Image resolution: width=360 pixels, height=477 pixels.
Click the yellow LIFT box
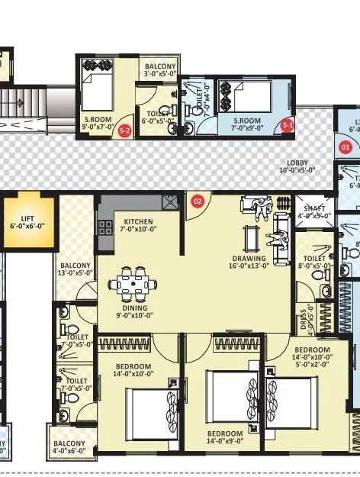click(31, 222)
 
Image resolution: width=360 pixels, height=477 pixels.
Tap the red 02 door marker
click(198, 201)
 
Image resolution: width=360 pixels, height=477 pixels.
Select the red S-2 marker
click(125, 131)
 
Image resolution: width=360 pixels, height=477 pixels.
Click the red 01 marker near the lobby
click(345, 146)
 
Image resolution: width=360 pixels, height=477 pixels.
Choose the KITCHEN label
click(139, 225)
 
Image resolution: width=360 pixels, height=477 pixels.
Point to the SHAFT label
click(314, 211)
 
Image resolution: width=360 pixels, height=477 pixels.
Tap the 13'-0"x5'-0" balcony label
click(76, 271)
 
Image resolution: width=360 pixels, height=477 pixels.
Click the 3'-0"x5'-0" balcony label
click(160, 71)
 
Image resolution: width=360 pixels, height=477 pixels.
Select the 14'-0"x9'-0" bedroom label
click(225, 437)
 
